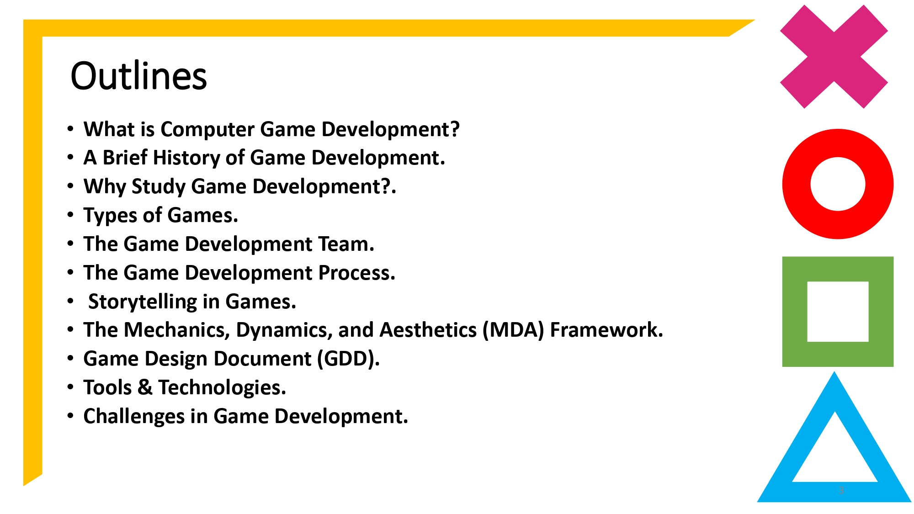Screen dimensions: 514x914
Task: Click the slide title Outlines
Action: [x=138, y=76]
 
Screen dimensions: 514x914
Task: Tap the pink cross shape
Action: [x=834, y=57]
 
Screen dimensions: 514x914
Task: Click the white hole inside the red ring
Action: [x=838, y=184]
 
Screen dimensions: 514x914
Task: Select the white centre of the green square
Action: [x=838, y=312]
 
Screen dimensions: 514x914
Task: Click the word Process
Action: [x=356, y=273]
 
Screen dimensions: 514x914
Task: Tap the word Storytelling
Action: [x=142, y=302]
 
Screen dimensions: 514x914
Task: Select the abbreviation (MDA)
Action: [x=513, y=330]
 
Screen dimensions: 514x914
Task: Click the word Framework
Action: [x=606, y=330]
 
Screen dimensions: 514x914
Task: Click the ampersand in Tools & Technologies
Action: [x=145, y=387]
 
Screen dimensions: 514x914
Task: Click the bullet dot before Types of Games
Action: [x=70, y=214]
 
